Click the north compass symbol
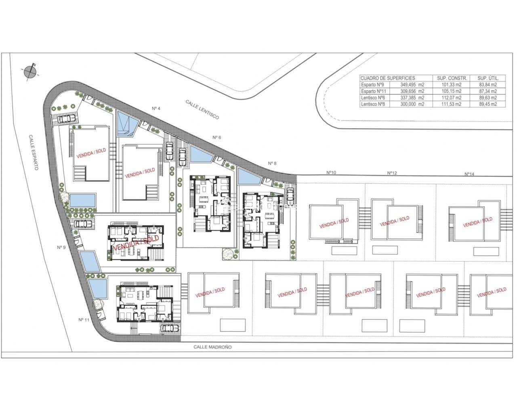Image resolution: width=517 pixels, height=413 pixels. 31,71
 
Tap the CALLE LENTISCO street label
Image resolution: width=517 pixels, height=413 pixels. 202,109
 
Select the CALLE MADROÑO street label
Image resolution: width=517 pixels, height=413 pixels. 212,347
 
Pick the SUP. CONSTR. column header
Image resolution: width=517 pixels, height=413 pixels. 452,78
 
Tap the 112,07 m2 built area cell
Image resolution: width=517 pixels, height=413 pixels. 452,98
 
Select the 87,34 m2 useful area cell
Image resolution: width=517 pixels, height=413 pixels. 487,91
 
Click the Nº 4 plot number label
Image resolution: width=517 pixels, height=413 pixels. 156,108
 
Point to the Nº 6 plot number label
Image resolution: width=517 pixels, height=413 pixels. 217,138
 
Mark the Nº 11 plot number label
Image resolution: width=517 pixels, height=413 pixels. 84,319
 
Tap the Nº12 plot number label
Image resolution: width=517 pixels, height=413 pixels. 392,173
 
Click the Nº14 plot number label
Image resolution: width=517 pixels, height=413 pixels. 469,174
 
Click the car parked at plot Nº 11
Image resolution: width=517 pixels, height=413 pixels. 169,329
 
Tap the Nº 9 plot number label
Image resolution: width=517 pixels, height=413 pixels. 61,247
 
